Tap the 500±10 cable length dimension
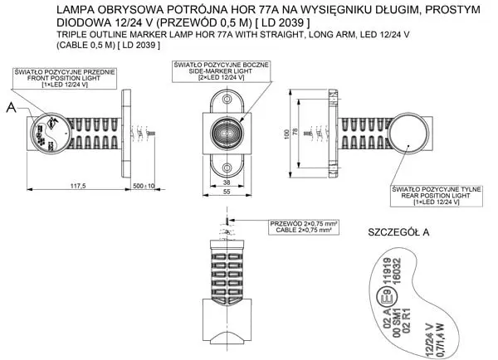(x=143, y=187)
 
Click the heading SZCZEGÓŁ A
(x=398, y=232)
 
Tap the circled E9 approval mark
(x=384, y=294)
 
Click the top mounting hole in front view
(x=227, y=100)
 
